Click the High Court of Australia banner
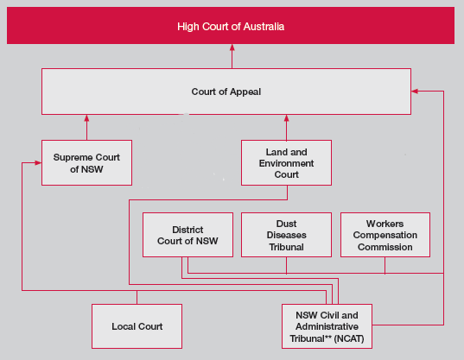(232, 26)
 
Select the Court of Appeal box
(226, 92)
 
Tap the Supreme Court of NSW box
(86, 162)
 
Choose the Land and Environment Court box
(286, 162)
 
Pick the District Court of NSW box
(188, 234)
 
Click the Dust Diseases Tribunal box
(286, 234)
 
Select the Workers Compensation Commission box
(385, 234)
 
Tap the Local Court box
(137, 326)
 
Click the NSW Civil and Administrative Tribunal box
(327, 326)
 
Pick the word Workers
(385, 223)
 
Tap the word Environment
(286, 163)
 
